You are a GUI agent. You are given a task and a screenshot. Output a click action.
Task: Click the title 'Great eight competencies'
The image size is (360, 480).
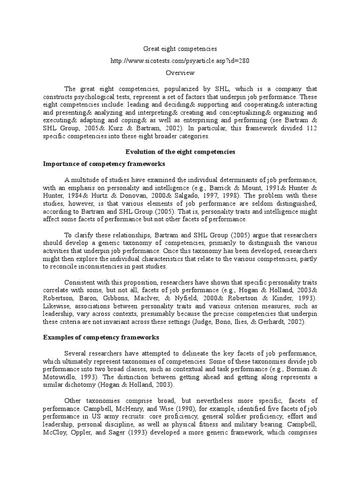tap(180, 49)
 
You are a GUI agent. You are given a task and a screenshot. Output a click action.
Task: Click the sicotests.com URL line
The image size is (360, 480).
tap(180, 61)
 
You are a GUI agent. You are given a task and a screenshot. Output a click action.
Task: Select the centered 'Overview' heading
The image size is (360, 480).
tap(180, 73)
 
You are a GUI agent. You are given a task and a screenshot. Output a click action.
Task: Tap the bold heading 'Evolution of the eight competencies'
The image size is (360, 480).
tap(180, 151)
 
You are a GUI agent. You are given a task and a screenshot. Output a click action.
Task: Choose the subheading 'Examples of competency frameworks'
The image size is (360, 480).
tap(101, 337)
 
